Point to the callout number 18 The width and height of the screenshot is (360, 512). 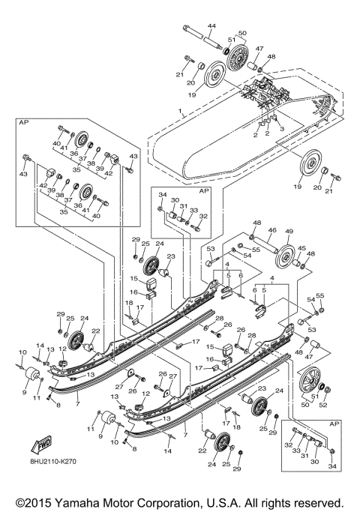click(x=128, y=304)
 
